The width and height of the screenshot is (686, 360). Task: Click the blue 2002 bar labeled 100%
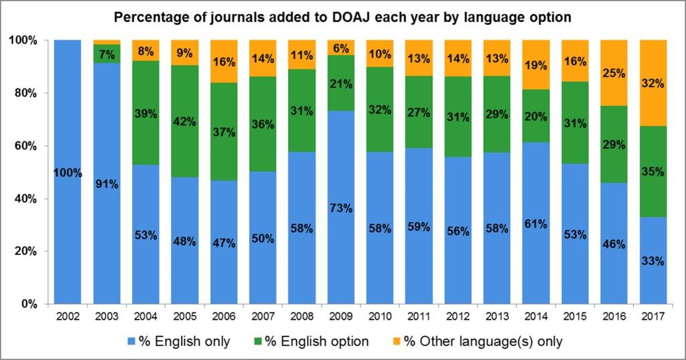(x=68, y=172)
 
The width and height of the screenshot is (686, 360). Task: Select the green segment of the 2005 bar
(x=185, y=121)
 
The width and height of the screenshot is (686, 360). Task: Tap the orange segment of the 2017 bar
(x=653, y=83)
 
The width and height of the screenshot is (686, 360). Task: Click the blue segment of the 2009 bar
(x=341, y=207)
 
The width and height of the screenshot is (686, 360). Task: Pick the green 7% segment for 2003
(x=107, y=54)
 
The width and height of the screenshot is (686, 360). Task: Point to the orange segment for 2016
(x=614, y=73)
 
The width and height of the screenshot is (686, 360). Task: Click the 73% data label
(x=341, y=208)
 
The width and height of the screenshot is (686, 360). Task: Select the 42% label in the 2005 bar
(x=185, y=121)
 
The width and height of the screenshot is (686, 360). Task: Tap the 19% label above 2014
(x=536, y=65)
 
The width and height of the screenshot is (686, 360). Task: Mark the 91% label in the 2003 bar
(x=107, y=184)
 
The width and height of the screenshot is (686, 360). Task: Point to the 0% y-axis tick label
(x=29, y=304)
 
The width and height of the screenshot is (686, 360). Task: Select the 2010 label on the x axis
(x=380, y=316)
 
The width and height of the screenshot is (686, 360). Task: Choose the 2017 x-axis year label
(x=653, y=316)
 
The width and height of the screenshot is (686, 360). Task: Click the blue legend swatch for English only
(x=131, y=342)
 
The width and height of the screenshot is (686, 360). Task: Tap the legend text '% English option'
(x=317, y=342)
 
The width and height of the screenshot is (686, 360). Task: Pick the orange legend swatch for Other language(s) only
(x=397, y=342)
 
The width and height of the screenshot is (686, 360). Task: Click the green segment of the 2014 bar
(x=536, y=116)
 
